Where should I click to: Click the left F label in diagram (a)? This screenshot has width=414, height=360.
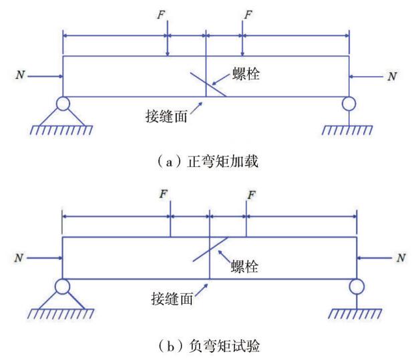[161, 15]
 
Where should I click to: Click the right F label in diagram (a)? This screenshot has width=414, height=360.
[248, 15]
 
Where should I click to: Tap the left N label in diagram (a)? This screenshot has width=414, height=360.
[20, 75]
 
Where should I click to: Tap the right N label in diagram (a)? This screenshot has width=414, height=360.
[392, 77]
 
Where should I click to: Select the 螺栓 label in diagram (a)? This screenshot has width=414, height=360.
[246, 73]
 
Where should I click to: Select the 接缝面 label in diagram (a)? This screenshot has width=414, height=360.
[166, 116]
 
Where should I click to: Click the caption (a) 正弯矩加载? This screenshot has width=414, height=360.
[207, 162]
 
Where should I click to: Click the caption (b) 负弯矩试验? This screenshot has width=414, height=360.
[209, 346]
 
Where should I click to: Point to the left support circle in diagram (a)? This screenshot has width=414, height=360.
[63, 104]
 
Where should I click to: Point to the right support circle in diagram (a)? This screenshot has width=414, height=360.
[349, 104]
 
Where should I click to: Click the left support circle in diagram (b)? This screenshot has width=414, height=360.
[63, 287]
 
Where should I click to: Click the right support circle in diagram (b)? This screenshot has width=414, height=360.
[357, 287]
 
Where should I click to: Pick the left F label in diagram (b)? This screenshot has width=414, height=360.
[164, 194]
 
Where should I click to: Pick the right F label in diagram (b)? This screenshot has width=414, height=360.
[251, 196]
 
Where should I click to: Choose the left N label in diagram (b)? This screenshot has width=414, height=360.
[19, 258]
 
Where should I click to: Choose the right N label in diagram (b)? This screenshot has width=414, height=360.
[401, 258]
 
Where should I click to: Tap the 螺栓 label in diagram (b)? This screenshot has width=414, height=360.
[244, 266]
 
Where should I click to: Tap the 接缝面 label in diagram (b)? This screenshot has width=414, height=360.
[172, 299]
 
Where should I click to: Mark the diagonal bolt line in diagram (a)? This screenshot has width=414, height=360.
[208, 85]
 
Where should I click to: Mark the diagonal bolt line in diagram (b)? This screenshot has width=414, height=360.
[210, 249]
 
